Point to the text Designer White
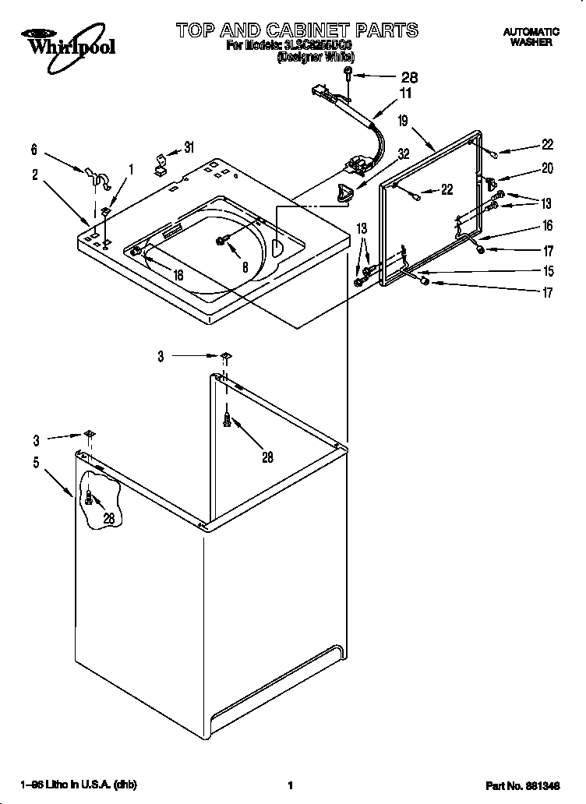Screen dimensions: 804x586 click(316, 57)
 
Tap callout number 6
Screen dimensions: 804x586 click(34, 150)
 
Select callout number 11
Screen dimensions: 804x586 click(405, 93)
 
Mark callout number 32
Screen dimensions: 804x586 click(404, 153)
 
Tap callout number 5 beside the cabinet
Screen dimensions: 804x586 click(35, 463)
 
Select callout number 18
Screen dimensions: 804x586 click(178, 274)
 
